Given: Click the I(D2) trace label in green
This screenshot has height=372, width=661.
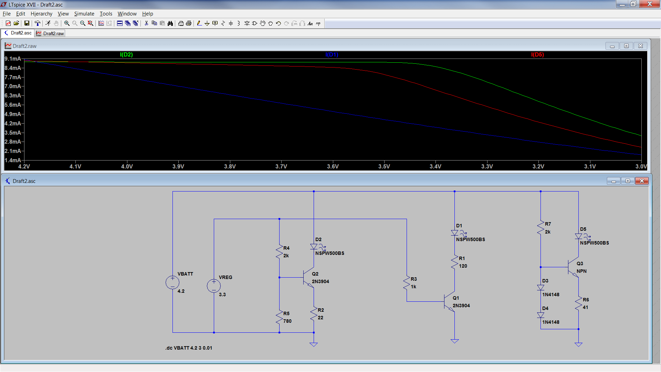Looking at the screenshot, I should click(126, 54).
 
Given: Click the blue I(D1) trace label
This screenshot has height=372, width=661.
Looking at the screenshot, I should click(332, 54).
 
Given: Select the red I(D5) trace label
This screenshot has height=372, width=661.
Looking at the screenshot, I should click(537, 54).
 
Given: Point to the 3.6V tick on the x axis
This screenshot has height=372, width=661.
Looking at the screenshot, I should click(333, 166).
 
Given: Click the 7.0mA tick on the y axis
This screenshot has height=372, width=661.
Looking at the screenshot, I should click(13, 86).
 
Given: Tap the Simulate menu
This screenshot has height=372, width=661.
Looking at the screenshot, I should click(84, 14).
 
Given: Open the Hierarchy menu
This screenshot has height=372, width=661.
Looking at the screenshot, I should click(41, 14).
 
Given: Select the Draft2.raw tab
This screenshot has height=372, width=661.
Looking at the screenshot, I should click(50, 33).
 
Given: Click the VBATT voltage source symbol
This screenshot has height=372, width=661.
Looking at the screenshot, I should click(172, 282).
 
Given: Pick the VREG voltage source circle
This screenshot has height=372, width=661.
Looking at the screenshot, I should click(214, 286).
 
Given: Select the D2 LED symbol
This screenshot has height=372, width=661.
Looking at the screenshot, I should click(314, 247).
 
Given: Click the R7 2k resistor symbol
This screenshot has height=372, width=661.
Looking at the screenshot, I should click(541, 228).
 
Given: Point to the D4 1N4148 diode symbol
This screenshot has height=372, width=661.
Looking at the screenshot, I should click(541, 315).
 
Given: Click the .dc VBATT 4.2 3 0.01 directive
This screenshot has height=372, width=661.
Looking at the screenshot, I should click(189, 348).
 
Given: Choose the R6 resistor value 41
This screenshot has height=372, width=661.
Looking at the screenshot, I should click(585, 307).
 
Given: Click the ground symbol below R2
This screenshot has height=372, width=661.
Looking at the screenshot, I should click(314, 344).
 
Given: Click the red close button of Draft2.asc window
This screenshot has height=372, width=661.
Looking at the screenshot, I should click(642, 181).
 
